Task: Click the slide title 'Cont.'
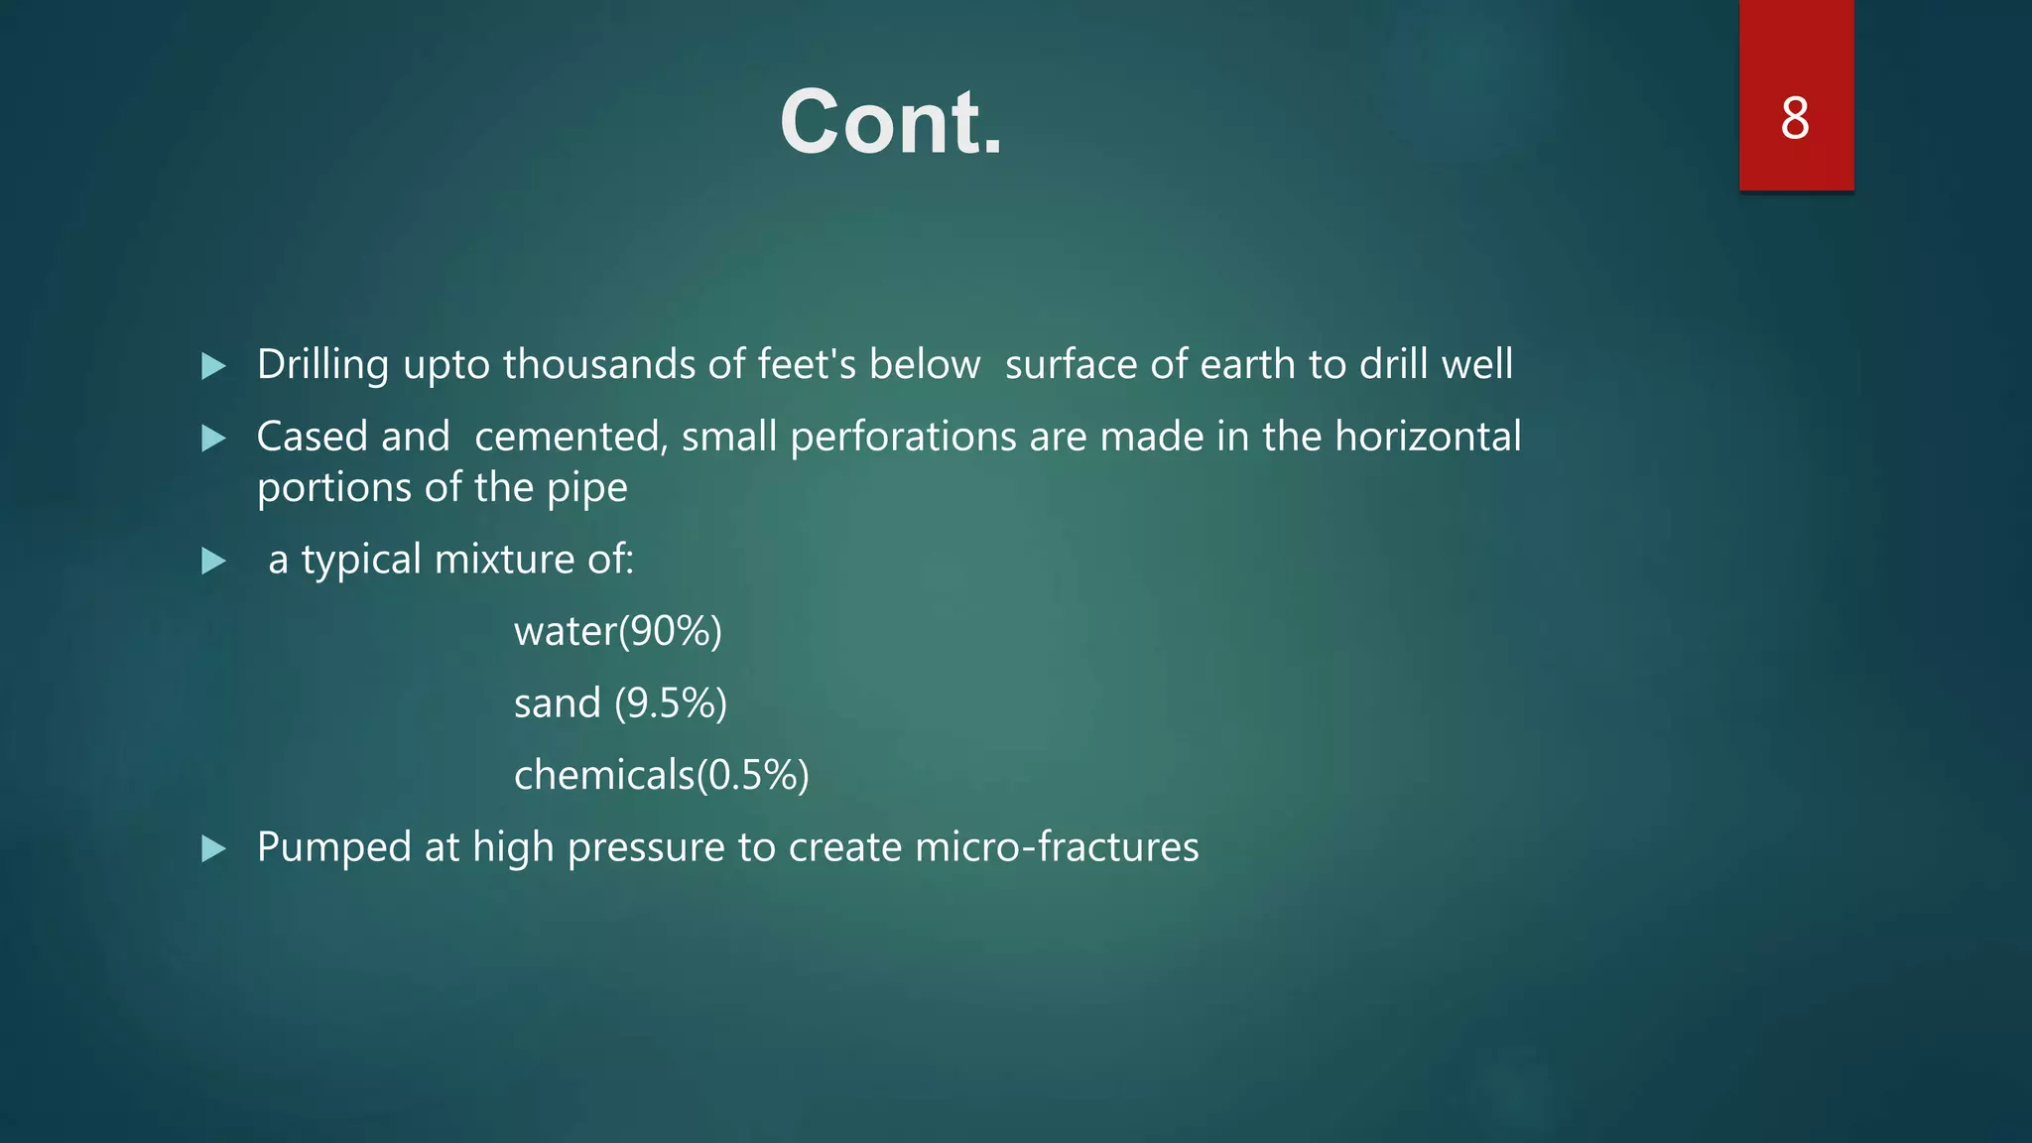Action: (890, 122)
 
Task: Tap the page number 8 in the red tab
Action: (1795, 118)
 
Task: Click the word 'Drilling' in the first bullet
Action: (322, 365)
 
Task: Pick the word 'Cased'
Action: (312, 437)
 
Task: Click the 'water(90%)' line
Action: (617, 631)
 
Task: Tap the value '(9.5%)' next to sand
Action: (671, 703)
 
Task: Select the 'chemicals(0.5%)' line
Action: (661, 775)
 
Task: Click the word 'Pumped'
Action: (333, 847)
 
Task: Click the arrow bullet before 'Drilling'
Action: (213, 366)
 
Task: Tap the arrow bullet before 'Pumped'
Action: (213, 848)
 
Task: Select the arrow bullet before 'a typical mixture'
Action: (213, 562)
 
